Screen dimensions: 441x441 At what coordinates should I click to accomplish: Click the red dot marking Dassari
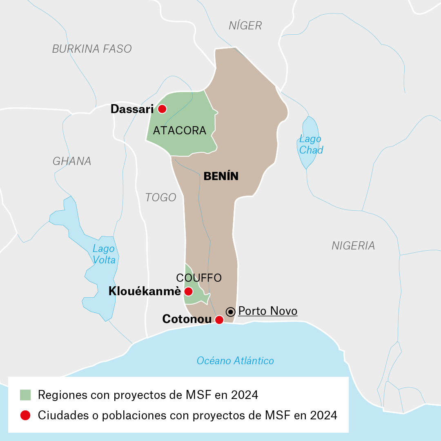click(162, 109)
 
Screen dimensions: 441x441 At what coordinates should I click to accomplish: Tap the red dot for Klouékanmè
click(188, 291)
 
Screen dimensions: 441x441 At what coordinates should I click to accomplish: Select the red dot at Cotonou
click(219, 320)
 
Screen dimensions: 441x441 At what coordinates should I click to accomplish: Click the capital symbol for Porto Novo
click(231, 312)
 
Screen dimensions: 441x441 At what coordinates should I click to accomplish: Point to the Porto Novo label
click(268, 311)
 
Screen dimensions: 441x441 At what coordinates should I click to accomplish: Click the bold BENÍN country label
click(221, 176)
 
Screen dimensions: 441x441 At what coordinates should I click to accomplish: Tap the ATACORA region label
click(180, 131)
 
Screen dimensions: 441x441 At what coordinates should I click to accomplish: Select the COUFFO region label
click(199, 278)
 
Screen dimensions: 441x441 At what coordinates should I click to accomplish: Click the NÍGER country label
click(245, 26)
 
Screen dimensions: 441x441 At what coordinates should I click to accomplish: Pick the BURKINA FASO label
click(92, 49)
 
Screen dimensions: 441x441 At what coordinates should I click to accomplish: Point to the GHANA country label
click(72, 161)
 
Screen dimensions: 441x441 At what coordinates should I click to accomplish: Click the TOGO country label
click(160, 198)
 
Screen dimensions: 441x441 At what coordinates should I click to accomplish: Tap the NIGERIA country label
click(353, 245)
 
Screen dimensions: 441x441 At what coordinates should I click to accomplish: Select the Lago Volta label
click(104, 254)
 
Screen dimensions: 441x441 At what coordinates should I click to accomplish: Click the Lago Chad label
click(311, 144)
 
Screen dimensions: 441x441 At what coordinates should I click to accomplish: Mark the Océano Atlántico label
click(235, 361)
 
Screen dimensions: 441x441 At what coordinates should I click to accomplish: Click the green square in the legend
click(25, 395)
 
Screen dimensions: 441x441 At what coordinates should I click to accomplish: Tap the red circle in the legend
click(25, 415)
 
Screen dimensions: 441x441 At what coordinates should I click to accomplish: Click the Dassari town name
click(132, 109)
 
